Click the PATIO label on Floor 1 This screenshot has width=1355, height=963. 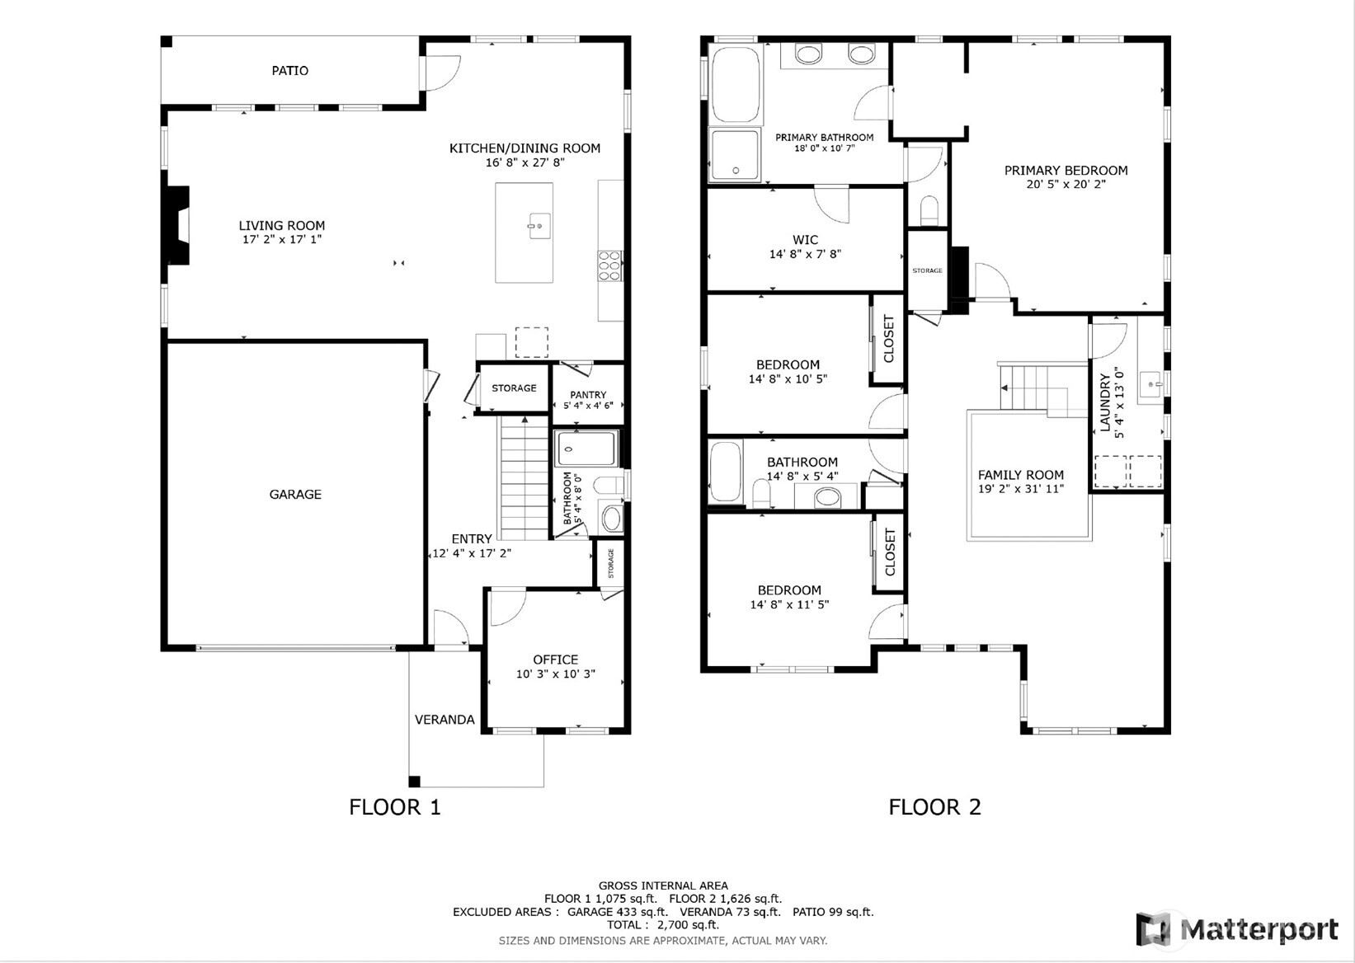[x=289, y=71]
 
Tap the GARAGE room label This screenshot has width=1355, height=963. [x=295, y=494]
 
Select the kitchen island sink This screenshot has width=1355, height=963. [x=539, y=226]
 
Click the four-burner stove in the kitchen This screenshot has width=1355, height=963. [x=609, y=266]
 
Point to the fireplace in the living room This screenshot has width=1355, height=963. [x=178, y=225]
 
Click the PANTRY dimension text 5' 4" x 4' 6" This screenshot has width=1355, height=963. [x=588, y=406]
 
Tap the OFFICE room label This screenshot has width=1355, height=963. [x=555, y=660]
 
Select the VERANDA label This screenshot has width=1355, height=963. [x=445, y=719]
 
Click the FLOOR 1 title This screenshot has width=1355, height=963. [x=395, y=807]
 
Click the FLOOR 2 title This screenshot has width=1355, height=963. [x=934, y=807]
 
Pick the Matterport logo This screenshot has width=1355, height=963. [x=1237, y=929]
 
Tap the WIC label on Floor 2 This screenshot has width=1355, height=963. [x=805, y=240]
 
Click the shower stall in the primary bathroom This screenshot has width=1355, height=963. [x=735, y=155]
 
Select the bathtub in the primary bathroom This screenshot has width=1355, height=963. [x=736, y=84]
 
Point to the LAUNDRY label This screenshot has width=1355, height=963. [x=1105, y=402]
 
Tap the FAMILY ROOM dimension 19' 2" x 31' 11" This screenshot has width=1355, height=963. [x=1021, y=489]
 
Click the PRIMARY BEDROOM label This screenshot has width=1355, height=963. [x=1066, y=171]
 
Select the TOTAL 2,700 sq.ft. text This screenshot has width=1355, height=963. [x=663, y=925]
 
